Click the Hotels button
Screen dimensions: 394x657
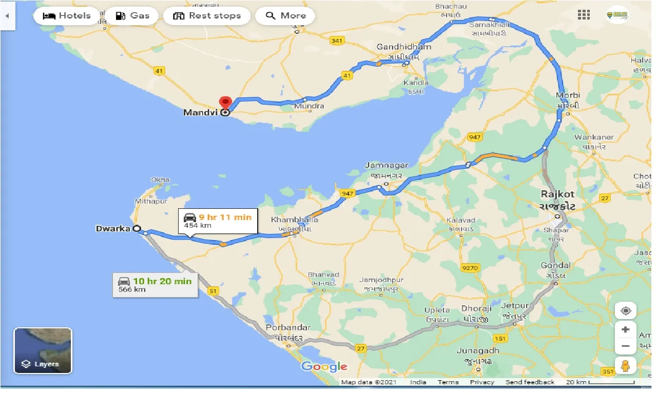66,15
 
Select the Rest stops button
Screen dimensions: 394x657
207,15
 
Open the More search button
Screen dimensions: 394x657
285,15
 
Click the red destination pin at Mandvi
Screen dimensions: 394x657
225,103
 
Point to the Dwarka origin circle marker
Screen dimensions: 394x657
137,229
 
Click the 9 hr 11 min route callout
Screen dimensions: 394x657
218,221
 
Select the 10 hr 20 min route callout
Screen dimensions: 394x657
155,285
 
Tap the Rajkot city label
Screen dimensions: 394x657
557,194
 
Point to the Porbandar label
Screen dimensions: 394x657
288,327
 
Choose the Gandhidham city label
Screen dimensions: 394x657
404,47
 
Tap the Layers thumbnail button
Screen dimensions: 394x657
43,350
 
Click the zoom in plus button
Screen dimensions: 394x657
625,329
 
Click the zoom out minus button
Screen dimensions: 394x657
625,346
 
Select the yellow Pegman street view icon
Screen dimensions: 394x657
625,366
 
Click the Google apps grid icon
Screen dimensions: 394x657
584,15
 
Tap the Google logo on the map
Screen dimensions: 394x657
324,366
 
